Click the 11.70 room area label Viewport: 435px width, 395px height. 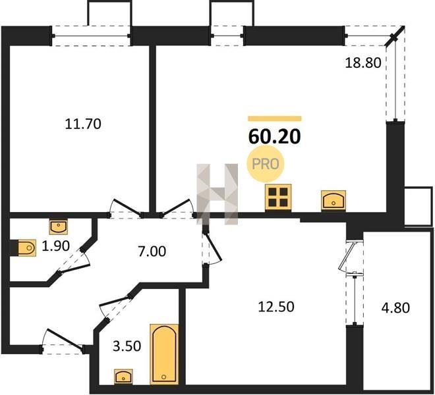83,124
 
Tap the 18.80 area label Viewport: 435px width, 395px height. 363,63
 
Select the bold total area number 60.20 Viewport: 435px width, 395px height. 274,137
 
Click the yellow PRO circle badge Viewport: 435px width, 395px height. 266,164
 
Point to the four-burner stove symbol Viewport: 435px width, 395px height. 278,197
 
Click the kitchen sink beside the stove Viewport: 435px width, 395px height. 333,199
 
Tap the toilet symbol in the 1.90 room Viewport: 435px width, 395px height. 25,248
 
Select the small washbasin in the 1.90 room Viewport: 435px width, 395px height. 59,226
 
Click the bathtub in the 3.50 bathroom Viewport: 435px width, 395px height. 164,354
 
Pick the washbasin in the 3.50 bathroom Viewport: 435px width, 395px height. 123,377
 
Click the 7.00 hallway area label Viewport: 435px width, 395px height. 152,251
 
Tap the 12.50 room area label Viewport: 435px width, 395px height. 276,307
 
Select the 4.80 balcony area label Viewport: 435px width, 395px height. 395,307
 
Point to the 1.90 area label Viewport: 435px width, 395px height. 55,246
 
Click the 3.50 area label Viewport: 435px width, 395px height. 127,346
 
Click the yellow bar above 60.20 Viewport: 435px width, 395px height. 275,118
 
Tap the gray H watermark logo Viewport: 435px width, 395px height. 217,194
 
